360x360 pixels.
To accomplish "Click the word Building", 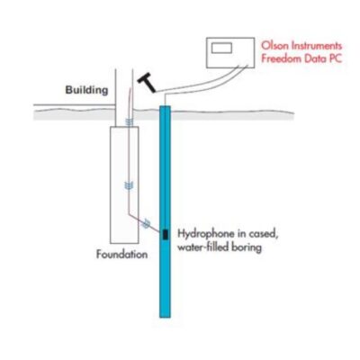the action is coord(86,90).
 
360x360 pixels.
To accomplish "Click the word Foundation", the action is coord(121,255).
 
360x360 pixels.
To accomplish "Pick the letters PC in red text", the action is coord(336,58).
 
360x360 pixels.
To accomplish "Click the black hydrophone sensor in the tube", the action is coord(165,234).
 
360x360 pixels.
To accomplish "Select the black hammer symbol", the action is coord(147,82).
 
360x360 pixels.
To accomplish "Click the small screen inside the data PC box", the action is coord(221,48).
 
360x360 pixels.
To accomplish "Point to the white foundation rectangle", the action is coord(124,184).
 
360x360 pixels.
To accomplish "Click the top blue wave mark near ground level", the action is coord(129,121).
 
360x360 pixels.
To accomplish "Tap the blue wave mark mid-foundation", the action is coord(129,185).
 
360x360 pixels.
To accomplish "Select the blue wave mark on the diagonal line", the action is coord(147,223).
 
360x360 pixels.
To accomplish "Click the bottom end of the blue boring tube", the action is coord(165,317).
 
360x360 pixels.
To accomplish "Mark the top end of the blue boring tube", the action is coord(165,106).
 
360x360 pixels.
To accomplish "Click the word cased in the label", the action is coord(263,234).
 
